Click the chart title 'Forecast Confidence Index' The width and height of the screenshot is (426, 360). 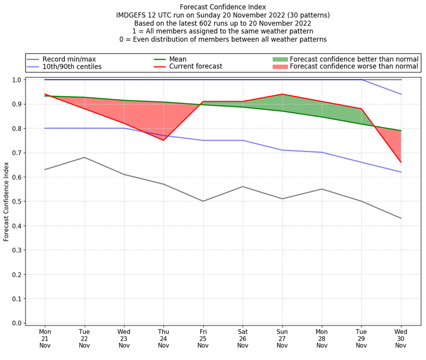223,7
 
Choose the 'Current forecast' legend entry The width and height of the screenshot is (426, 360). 195,67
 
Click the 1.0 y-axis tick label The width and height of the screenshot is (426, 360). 16,80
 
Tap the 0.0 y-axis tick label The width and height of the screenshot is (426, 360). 16,323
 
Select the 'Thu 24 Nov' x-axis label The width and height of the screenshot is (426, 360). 163,338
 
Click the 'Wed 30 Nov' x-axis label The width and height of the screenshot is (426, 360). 401,338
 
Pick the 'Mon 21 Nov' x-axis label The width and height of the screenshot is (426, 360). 45,338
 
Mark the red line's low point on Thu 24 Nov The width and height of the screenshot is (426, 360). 163,140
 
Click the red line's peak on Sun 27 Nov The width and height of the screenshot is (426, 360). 282,94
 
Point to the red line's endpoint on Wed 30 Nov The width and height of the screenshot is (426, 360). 401,162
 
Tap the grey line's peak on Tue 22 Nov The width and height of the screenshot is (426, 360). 84,157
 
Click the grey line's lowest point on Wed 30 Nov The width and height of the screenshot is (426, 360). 401,218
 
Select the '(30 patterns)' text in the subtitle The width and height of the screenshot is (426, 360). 308,15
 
